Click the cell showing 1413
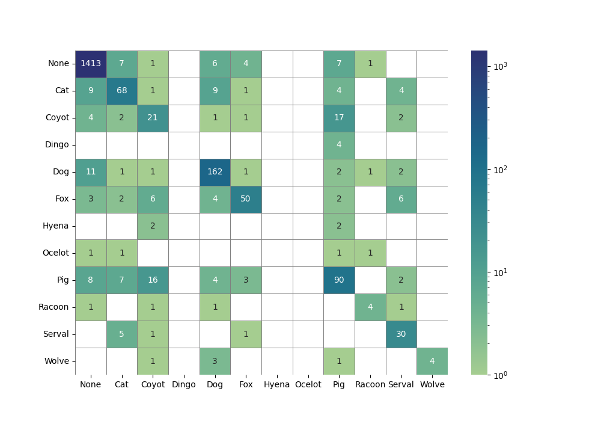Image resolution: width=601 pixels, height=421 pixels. [x=91, y=64]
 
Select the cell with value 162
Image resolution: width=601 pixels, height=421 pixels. [x=215, y=172]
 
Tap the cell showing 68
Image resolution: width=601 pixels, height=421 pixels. [x=121, y=91]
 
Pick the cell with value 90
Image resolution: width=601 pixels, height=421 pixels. [x=339, y=280]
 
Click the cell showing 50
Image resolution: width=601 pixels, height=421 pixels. [x=246, y=199]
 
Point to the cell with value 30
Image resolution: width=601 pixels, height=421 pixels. [x=401, y=334]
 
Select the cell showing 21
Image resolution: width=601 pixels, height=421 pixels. [x=153, y=118]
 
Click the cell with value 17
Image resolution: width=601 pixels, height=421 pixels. [x=339, y=118]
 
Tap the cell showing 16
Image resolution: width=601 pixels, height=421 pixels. [x=153, y=280]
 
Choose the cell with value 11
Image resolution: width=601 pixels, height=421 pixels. [x=91, y=172]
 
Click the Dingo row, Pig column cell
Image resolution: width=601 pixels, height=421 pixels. [x=339, y=145]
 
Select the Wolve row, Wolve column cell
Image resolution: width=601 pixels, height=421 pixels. [x=432, y=361]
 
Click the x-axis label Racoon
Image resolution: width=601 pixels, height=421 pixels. [x=370, y=385]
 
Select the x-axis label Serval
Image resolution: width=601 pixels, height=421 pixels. [x=401, y=385]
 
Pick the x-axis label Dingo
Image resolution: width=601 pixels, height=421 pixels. [x=184, y=385]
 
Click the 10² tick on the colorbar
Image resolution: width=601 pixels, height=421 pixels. [x=487, y=170]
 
